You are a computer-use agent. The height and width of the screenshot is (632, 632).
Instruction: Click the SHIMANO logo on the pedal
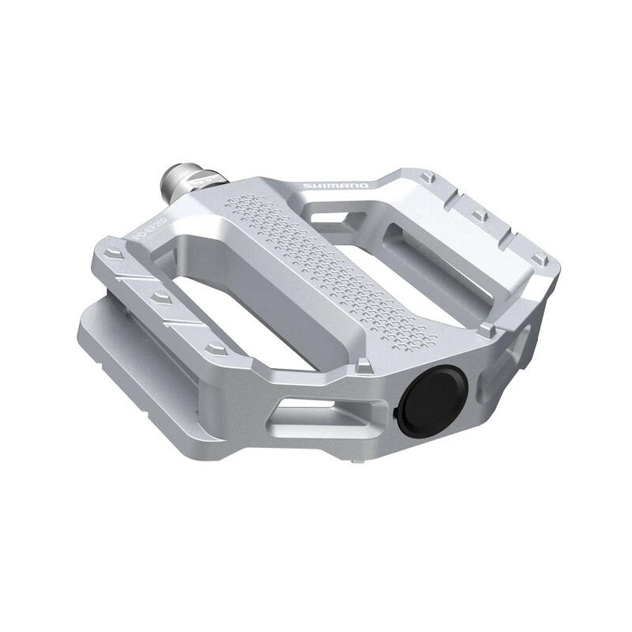point(336,186)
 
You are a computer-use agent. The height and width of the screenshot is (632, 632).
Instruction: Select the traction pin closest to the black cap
point(363,365)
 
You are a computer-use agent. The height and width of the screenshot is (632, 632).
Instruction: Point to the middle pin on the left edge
point(161,298)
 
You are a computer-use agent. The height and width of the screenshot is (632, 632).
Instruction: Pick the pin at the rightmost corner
point(540,258)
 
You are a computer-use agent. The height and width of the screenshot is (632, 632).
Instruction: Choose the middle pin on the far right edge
point(480,214)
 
